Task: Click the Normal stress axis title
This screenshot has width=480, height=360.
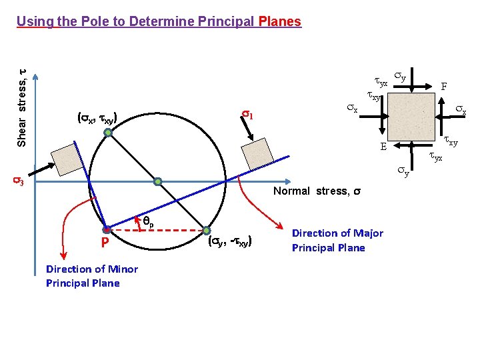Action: pos(317,191)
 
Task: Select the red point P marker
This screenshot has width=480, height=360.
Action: pos(106,229)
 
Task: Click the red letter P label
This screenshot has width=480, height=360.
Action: pos(105,243)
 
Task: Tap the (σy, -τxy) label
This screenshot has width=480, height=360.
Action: pos(229,241)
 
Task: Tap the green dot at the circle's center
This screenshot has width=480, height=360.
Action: pos(158,181)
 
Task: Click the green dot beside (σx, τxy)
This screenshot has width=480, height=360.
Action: pos(108,133)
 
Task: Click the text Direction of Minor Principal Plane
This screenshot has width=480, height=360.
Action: pos(92,276)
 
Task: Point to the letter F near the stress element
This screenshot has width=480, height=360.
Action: pos(444,87)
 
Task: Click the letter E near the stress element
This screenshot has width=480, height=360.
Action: pos(383,147)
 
